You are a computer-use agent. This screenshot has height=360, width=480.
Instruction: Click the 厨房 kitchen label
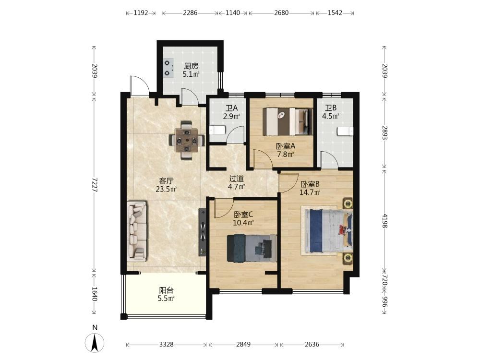coord(191,66)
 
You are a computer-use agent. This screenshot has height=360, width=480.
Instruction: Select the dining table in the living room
coord(186,141)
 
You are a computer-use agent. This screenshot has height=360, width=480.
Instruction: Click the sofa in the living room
coord(137,231)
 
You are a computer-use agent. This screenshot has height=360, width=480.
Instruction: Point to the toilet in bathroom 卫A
coord(217,130)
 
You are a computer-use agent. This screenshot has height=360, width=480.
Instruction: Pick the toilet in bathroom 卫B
coord(345,131)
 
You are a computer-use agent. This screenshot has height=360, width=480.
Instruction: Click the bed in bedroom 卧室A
coord(288,121)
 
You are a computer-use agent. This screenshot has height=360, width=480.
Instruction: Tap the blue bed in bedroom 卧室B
coord(326,231)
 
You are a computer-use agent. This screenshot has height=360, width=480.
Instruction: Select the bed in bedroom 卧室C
coord(252,248)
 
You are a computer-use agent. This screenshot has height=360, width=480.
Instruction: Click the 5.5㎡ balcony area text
coord(166,298)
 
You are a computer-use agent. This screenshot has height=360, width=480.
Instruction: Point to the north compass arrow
coord(95,342)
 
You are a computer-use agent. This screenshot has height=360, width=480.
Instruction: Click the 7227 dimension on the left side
coord(94,185)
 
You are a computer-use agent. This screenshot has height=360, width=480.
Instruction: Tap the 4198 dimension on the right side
coord(385,220)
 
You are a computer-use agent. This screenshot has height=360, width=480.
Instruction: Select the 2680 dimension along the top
coord(281,13)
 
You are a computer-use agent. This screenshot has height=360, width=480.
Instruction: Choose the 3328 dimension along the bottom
coord(166,344)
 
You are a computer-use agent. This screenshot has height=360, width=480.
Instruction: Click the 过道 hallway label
coord(237,178)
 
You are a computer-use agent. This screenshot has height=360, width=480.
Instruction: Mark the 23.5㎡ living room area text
coord(166,189)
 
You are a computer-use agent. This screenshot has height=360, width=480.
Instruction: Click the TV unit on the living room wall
coord(203,232)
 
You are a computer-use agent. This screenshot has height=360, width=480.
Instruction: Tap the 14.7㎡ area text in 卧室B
coord(310,192)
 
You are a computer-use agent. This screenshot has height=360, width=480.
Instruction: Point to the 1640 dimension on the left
coord(94,294)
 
